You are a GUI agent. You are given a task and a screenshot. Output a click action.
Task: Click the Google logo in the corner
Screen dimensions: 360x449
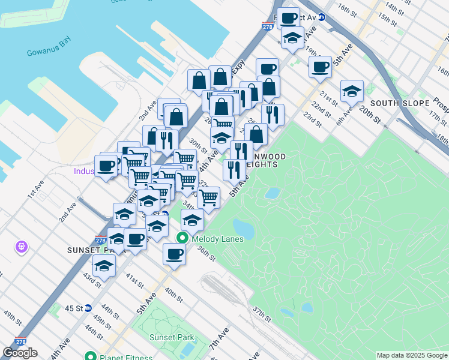(x=20, y=353)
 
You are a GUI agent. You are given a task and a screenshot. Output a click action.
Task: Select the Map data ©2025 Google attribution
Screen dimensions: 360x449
(x=411, y=355)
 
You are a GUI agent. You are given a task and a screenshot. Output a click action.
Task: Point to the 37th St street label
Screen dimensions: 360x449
(x=262, y=313)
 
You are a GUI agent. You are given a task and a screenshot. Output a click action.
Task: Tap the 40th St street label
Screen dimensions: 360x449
(x=173, y=295)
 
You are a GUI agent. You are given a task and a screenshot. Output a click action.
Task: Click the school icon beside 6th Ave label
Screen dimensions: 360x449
(x=352, y=91)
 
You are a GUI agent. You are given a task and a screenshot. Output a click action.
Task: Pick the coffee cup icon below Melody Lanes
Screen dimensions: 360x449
(x=174, y=254)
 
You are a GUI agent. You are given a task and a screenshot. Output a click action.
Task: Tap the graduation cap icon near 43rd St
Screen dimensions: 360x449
(x=104, y=265)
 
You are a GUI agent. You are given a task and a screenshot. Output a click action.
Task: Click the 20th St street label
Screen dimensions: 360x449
(x=370, y=115)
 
